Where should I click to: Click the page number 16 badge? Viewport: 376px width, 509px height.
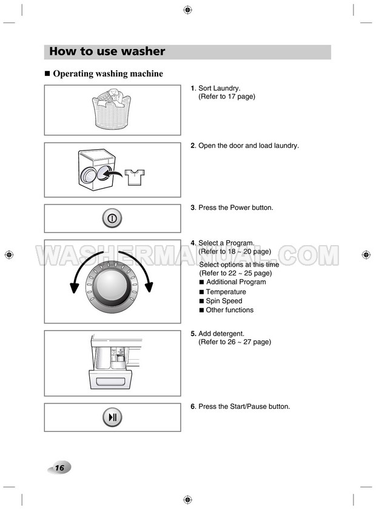click(59, 468)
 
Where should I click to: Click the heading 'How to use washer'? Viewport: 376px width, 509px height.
click(107, 52)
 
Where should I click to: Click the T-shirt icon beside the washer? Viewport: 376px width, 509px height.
click(135, 177)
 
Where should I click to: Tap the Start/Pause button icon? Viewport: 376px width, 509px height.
click(112, 417)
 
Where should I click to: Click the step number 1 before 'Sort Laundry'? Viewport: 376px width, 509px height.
click(192, 89)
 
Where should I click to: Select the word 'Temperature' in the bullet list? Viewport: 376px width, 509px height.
click(226, 292)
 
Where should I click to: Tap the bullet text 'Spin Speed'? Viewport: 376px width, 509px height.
click(224, 301)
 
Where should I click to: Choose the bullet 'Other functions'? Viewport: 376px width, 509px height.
click(229, 310)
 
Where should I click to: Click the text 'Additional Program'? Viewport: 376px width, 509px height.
click(236, 282)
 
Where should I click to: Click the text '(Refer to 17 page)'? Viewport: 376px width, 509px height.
click(227, 96)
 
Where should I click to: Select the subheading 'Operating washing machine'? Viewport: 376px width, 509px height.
click(108, 74)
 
